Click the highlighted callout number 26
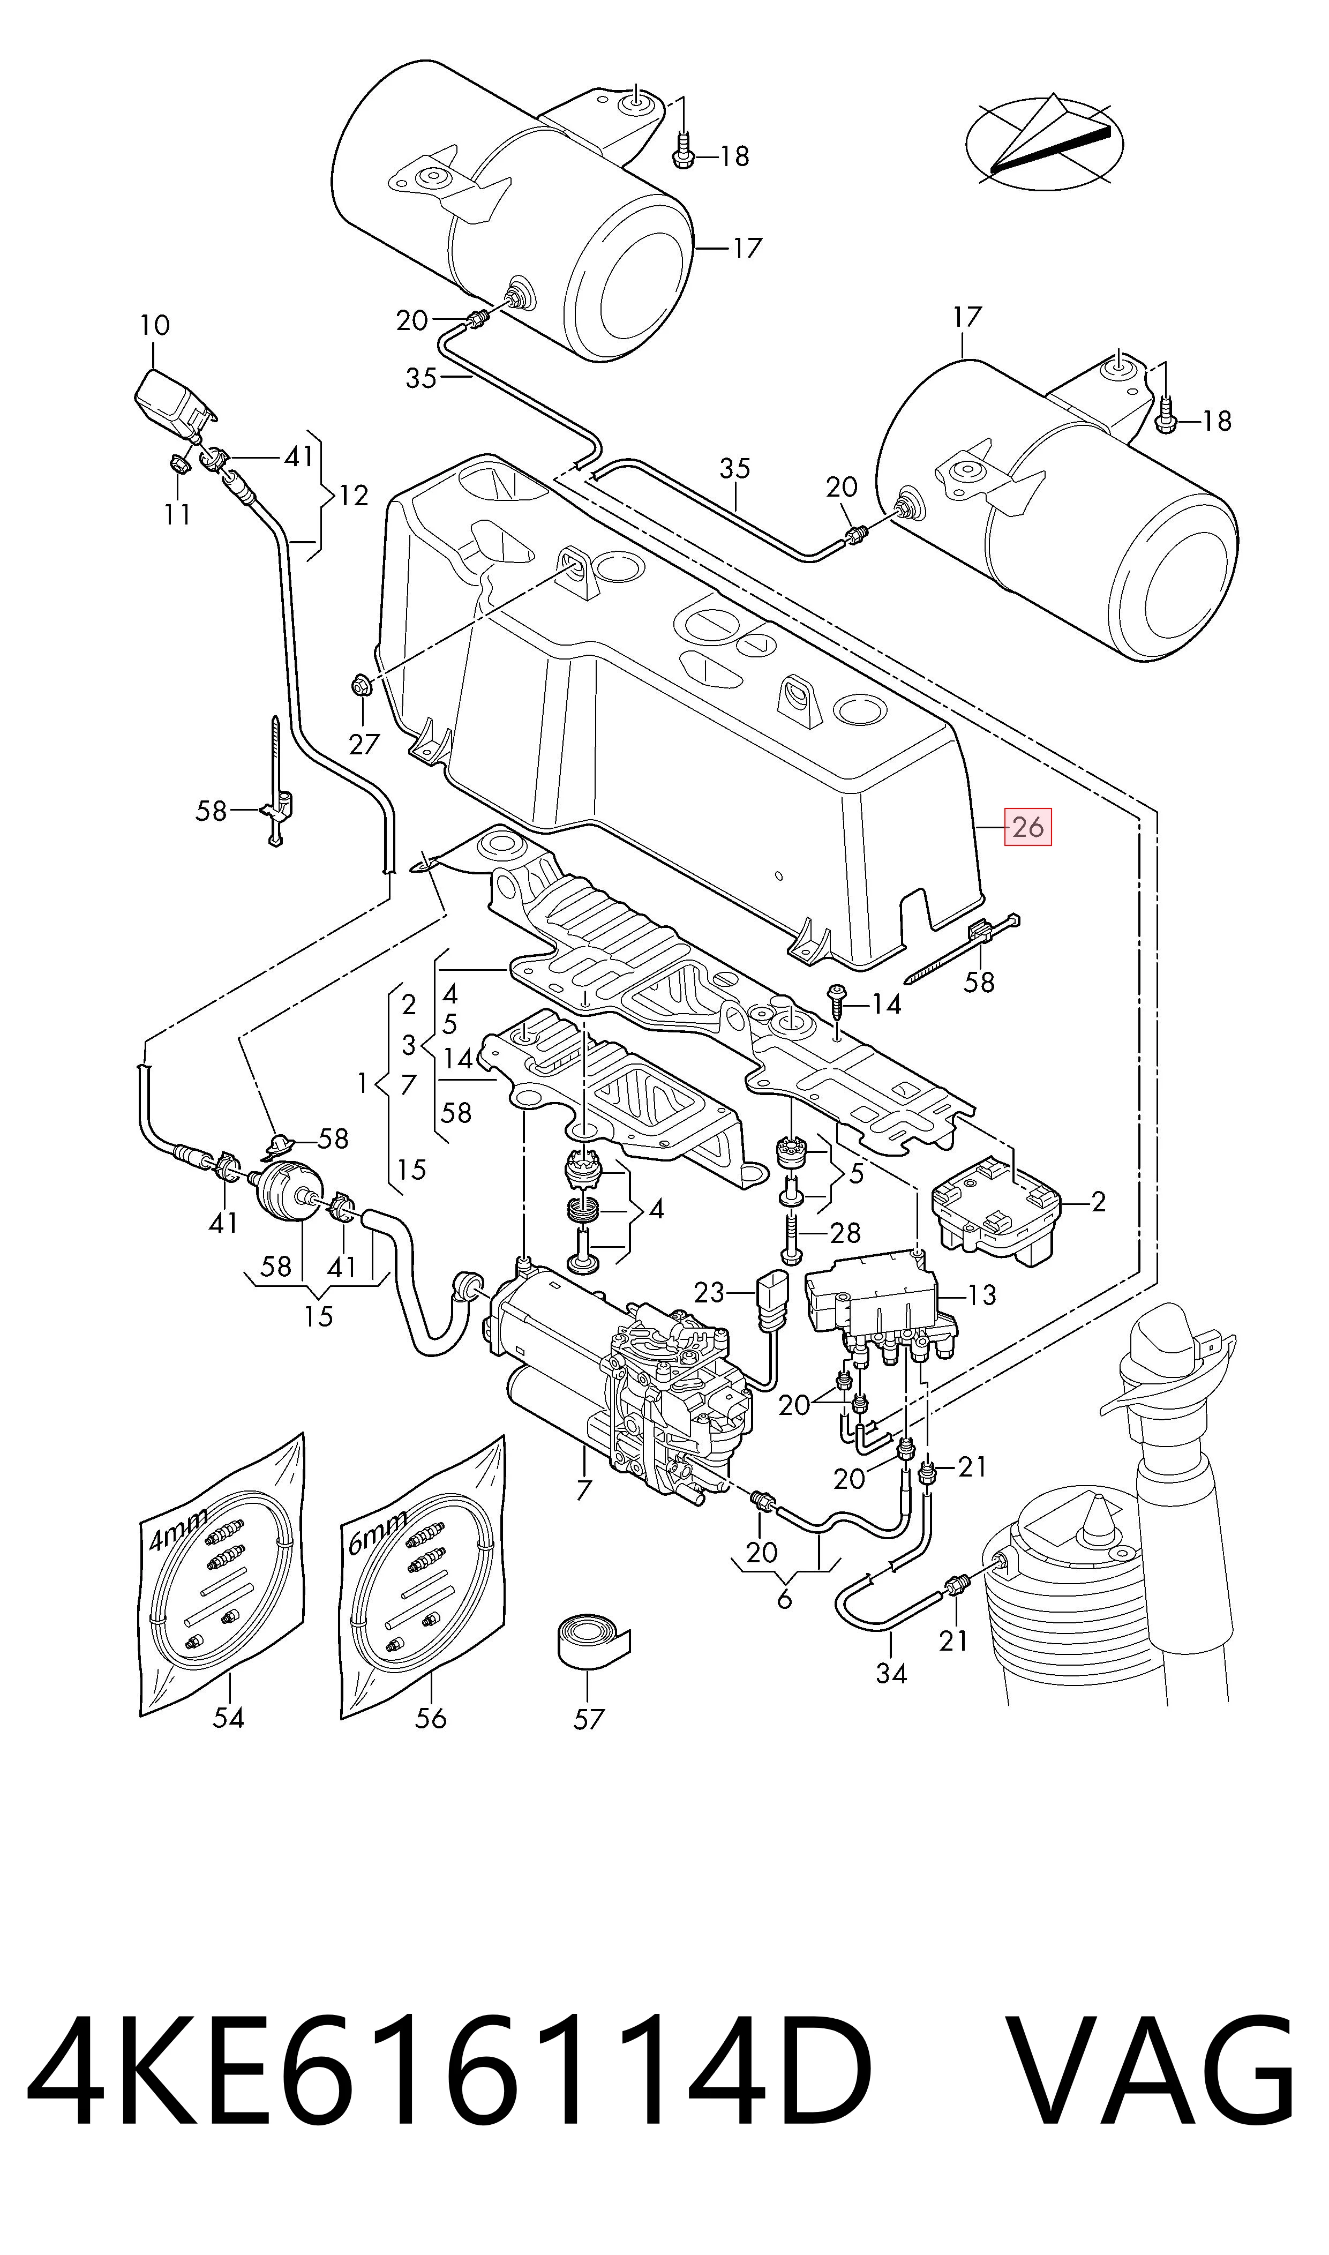click(1028, 827)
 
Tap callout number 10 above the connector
click(155, 325)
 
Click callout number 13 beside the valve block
click(981, 1294)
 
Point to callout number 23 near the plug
click(709, 1292)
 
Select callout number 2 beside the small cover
click(1098, 1202)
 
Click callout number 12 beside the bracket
click(354, 495)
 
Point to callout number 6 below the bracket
click(785, 1599)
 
